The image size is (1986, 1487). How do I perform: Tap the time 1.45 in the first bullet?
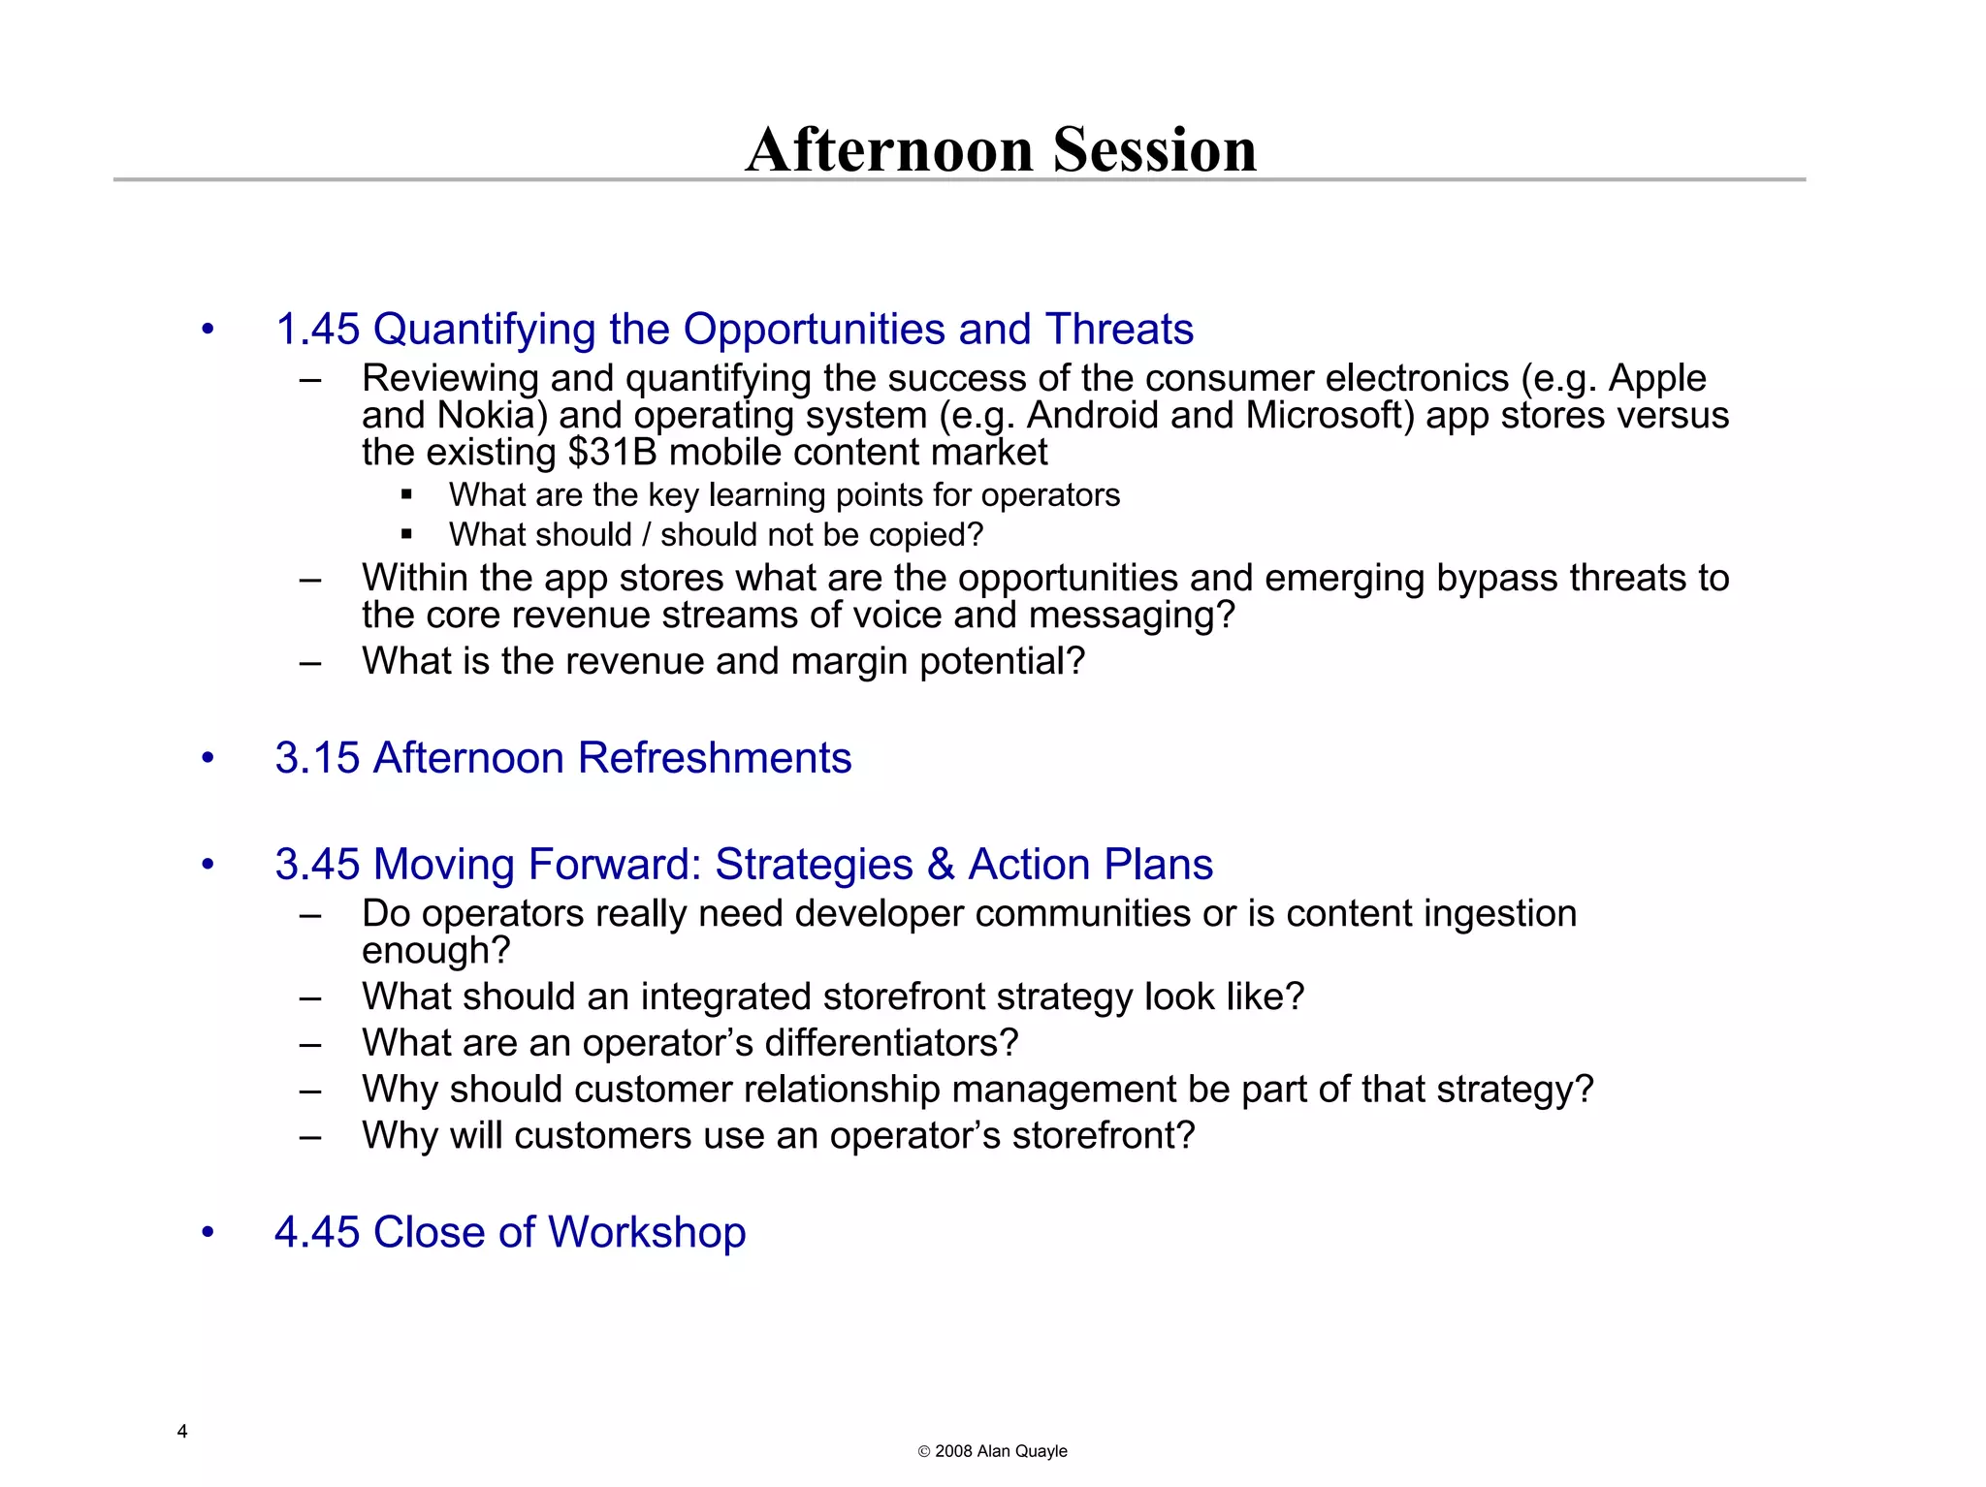tap(317, 330)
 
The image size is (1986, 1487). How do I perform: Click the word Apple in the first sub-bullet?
tap(1657, 378)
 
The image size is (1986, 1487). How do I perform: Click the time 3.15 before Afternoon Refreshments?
tap(316, 758)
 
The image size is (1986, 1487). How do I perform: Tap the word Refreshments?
tap(715, 758)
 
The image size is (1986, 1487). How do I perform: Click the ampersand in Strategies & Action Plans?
tap(941, 865)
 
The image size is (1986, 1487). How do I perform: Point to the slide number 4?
tap(182, 1432)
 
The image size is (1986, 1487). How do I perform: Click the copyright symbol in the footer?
tap(924, 1452)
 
